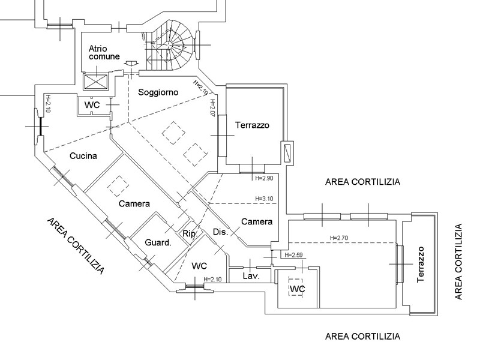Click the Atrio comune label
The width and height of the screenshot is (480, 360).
104,52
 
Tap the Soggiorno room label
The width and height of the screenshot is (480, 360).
158,92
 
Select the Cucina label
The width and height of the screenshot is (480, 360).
83,156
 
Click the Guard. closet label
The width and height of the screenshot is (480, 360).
158,243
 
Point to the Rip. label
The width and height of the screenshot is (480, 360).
190,234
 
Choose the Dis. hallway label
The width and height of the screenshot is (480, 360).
220,232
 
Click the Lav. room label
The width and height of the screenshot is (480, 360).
251,276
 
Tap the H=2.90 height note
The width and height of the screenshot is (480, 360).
264,178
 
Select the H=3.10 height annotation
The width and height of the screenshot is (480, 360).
264,199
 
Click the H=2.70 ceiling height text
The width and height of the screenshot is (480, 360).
339,238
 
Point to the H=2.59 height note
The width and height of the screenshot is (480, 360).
293,255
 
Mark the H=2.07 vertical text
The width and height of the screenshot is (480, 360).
213,108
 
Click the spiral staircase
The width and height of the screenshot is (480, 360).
169,46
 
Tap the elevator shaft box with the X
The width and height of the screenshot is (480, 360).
96,82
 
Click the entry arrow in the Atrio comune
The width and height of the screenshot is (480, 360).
132,64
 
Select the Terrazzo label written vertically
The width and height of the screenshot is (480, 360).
421,265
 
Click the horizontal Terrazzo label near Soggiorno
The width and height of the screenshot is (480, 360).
252,125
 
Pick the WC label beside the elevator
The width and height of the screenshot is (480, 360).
92,105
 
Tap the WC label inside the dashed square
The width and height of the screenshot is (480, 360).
297,289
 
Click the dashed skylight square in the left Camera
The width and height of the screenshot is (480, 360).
118,186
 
